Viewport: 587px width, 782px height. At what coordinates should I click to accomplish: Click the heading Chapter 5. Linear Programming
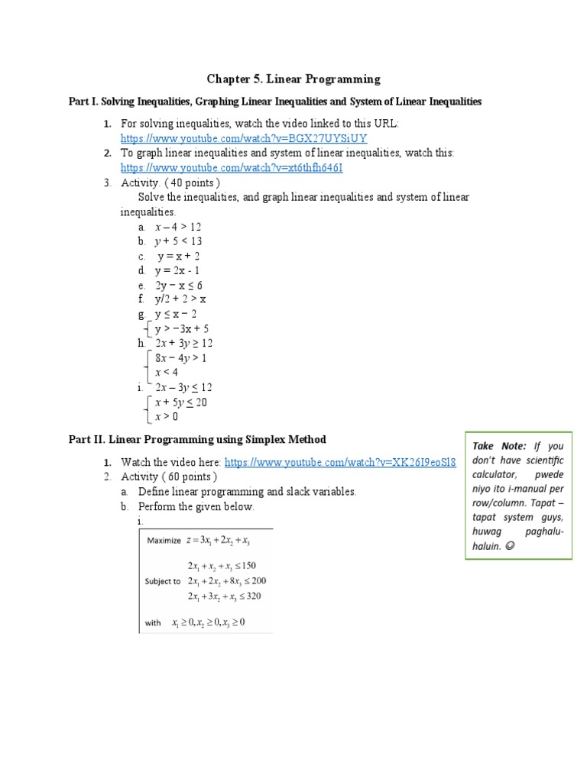click(x=293, y=79)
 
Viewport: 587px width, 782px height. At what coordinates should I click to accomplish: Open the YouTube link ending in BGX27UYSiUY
click(x=244, y=138)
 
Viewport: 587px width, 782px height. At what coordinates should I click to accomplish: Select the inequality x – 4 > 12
click(x=178, y=227)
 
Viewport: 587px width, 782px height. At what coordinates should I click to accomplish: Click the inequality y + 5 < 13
click(x=178, y=241)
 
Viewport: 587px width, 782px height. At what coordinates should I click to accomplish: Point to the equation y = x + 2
click(x=178, y=257)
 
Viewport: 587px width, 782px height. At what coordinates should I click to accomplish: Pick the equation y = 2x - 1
click(x=178, y=271)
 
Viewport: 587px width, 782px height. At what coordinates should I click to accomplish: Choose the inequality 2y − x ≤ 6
click(x=178, y=286)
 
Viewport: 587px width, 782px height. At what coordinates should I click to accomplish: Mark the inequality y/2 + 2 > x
click(x=180, y=300)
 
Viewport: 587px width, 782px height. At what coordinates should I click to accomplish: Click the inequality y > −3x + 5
click(x=182, y=329)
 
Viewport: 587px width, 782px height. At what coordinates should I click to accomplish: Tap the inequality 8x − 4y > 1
click(x=181, y=358)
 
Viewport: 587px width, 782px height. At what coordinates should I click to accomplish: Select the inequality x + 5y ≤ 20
click(x=181, y=402)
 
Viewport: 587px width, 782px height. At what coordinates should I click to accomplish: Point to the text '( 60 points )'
click(x=193, y=477)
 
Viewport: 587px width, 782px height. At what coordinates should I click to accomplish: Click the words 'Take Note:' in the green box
click(x=499, y=446)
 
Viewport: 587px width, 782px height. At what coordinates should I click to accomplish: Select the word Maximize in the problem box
click(x=163, y=540)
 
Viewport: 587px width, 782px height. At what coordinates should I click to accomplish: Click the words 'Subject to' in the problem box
click(x=163, y=580)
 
